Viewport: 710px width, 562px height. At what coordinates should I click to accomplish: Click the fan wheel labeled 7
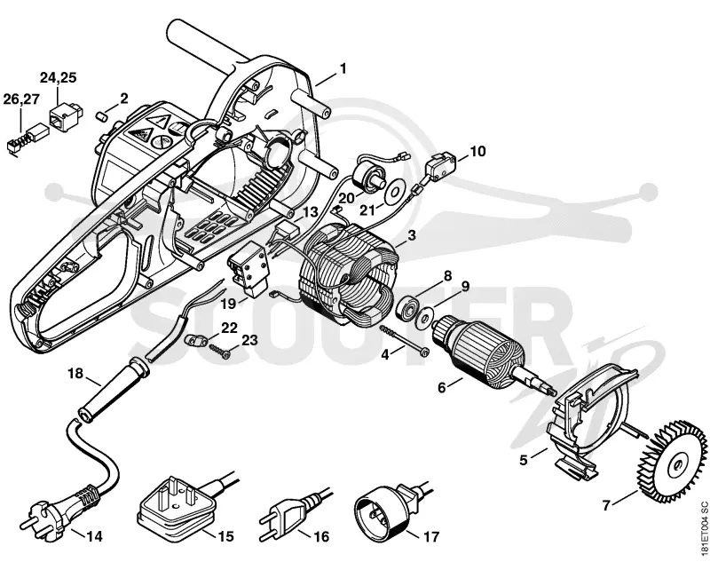(x=676, y=464)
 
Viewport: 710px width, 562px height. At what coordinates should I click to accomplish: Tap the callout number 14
(x=94, y=537)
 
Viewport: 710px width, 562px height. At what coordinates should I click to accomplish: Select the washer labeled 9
(x=425, y=318)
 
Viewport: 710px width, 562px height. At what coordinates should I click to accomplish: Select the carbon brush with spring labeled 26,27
(x=24, y=139)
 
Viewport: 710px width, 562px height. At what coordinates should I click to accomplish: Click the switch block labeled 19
(x=248, y=271)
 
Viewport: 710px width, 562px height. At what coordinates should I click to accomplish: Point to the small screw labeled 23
(x=219, y=351)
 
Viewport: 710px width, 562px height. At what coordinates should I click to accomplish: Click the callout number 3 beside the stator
(x=411, y=235)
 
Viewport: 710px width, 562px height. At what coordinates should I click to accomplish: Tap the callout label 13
(x=311, y=211)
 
